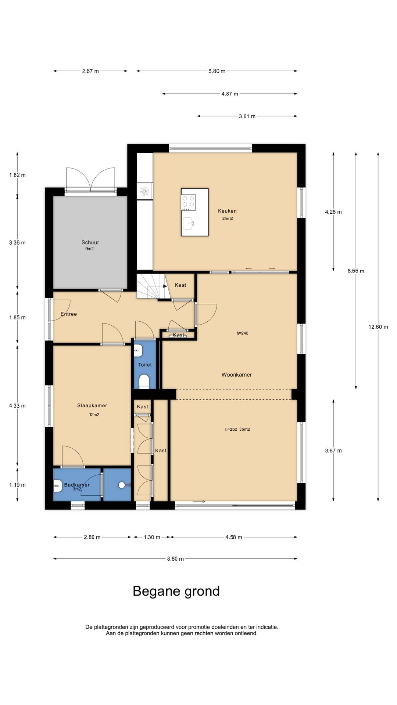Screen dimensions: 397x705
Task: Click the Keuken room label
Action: tap(227, 211)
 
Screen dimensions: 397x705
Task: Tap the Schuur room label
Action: tap(90, 242)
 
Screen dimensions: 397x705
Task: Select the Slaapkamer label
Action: tap(92, 405)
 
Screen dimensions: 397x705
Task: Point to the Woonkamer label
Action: tap(236, 375)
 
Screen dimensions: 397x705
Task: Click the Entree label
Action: tap(69, 314)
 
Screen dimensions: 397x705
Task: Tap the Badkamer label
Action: tap(77, 485)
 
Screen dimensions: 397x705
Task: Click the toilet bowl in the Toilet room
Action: tap(144, 382)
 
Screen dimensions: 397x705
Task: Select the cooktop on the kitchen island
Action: tap(189, 202)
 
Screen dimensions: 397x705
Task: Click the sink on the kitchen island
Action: tap(189, 223)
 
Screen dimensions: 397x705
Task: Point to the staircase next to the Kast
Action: tap(151, 286)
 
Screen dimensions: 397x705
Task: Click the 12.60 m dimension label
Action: tap(378, 327)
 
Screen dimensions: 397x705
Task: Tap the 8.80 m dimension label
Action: tap(175, 559)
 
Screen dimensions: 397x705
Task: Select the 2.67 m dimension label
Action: tap(90, 71)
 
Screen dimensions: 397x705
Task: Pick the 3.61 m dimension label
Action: tap(247, 116)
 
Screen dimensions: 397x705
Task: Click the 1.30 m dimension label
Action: tap(152, 537)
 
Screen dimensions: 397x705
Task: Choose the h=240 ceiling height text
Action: tap(243, 333)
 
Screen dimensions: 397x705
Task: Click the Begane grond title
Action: tap(176, 591)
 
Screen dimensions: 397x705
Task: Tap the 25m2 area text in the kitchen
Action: tap(227, 218)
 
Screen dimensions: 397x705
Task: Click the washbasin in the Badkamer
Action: tap(57, 487)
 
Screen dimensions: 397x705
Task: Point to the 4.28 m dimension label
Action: tap(333, 212)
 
